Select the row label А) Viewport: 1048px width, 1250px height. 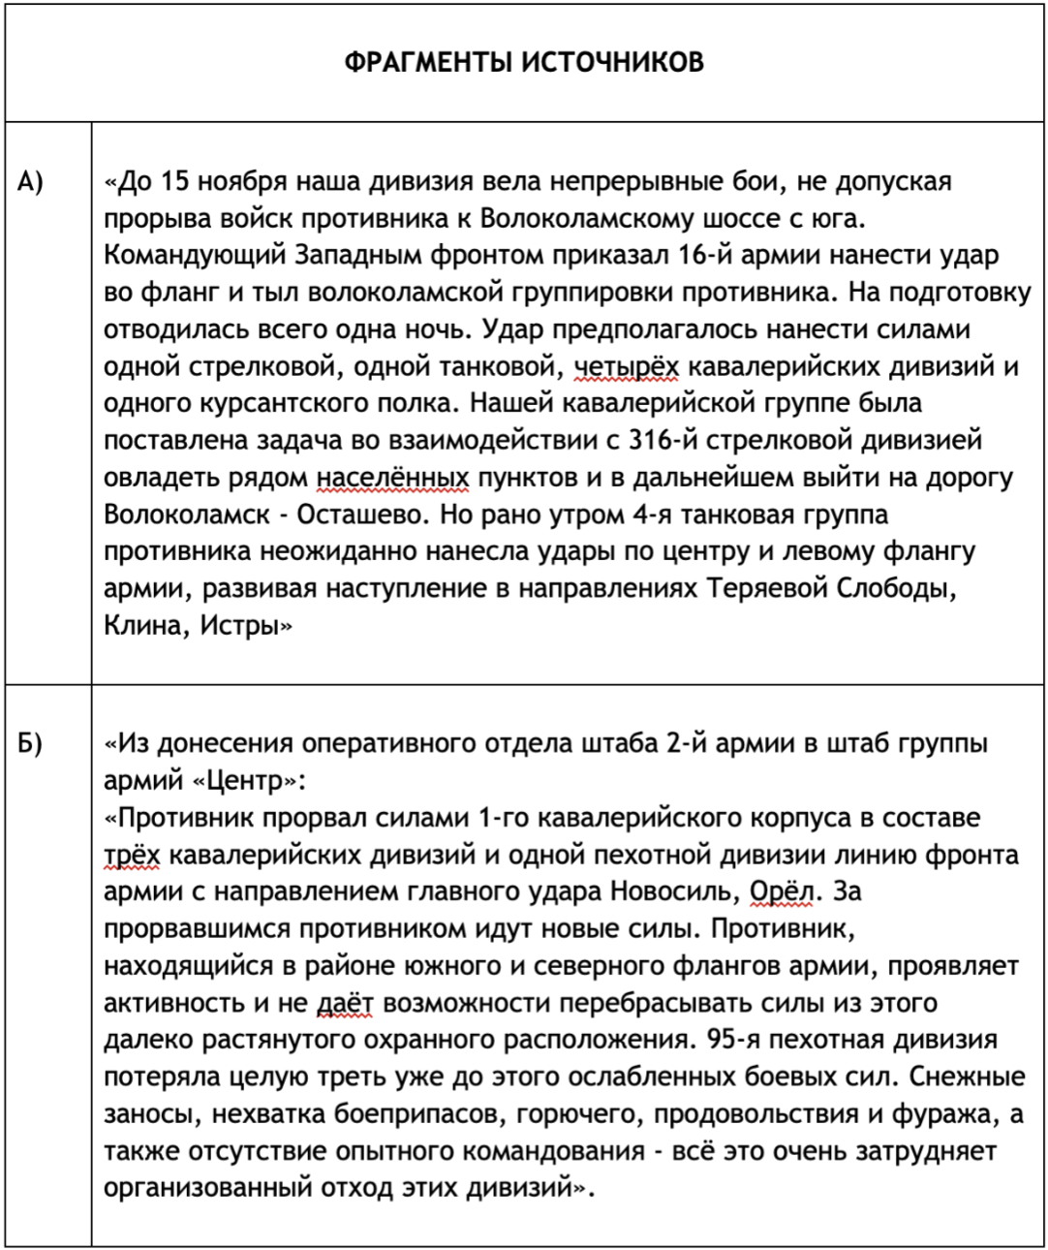(x=32, y=181)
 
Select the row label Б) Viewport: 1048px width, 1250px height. (x=32, y=743)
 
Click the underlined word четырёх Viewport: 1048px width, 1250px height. (x=627, y=366)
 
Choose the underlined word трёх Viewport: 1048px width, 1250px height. (x=131, y=855)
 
